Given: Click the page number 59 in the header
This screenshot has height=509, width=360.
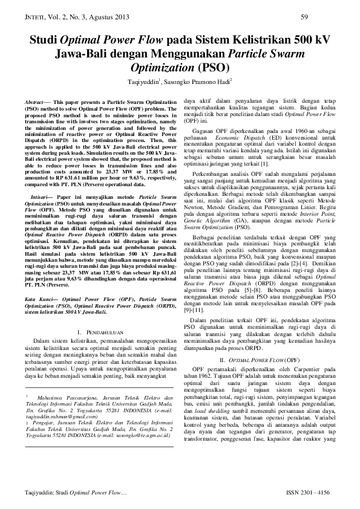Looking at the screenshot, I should [305, 16].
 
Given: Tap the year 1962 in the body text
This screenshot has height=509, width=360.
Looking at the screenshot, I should [201, 375].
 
